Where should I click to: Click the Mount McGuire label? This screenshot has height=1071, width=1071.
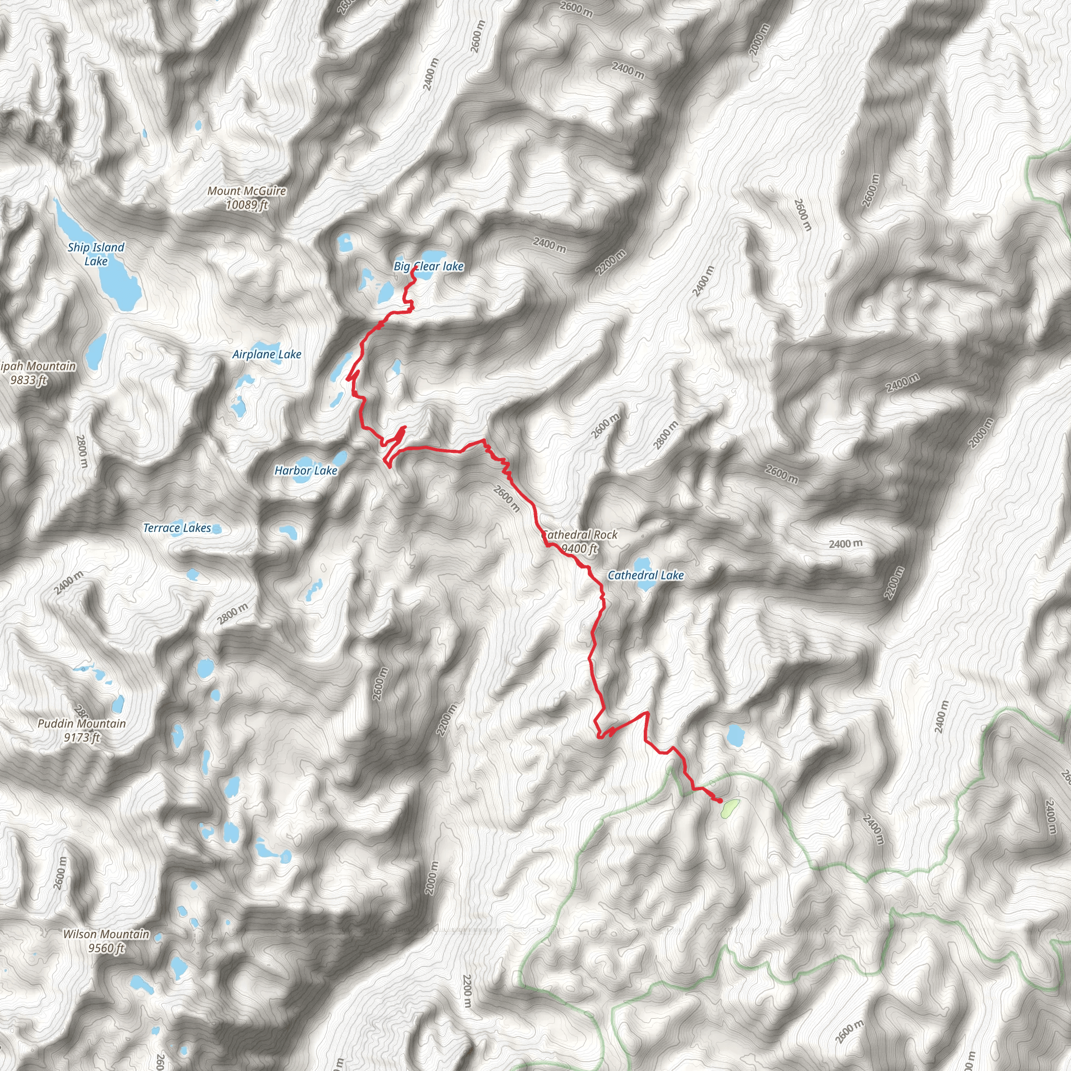(x=247, y=191)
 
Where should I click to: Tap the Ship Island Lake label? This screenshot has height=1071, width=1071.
(x=96, y=254)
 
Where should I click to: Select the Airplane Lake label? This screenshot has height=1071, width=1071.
(x=267, y=354)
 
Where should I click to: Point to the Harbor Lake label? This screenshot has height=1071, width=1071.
(x=306, y=471)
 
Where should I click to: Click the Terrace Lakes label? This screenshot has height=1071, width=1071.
(x=177, y=528)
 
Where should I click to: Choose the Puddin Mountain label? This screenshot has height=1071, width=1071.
(x=82, y=723)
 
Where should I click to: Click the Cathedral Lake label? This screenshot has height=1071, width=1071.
(x=645, y=575)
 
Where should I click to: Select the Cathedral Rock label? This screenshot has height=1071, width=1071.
(x=580, y=535)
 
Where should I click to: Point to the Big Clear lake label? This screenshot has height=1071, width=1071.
(x=428, y=266)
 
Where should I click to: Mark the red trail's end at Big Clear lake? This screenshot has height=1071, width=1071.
(x=416, y=267)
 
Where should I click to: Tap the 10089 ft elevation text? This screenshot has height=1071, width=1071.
(x=247, y=205)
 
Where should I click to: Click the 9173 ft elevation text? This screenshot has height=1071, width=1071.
(x=82, y=737)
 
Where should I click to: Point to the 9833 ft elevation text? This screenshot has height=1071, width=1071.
(x=28, y=380)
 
